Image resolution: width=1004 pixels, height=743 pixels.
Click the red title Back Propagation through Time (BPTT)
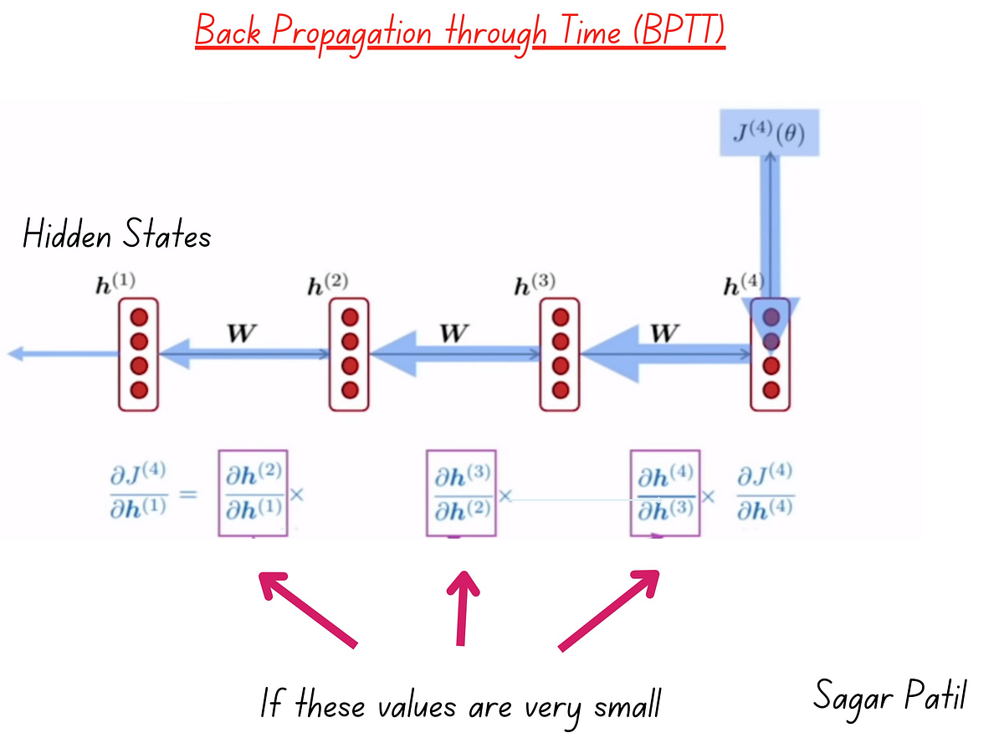point(459,33)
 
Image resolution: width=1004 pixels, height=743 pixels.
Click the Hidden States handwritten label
point(116,235)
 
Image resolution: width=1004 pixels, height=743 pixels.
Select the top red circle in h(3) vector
point(561,317)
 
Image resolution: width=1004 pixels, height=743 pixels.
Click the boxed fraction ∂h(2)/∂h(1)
point(254,494)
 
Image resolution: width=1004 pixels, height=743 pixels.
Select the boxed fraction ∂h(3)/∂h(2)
point(461,494)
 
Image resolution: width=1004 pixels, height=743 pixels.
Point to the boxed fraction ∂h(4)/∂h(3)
point(665,494)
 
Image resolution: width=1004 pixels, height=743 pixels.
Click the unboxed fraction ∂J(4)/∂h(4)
point(765,494)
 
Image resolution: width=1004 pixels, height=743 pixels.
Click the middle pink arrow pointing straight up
point(461,607)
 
